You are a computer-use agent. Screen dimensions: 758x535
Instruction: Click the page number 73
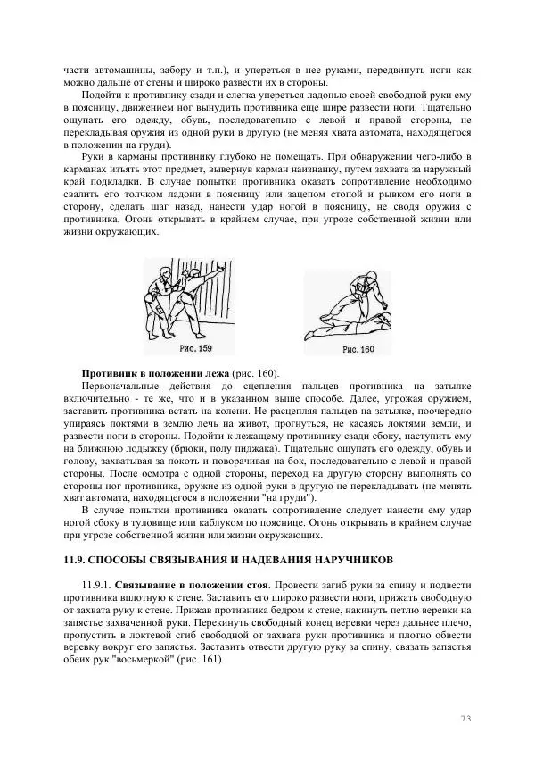pos(465,718)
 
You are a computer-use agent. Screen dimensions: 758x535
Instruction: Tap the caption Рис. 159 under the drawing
pos(195,347)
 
